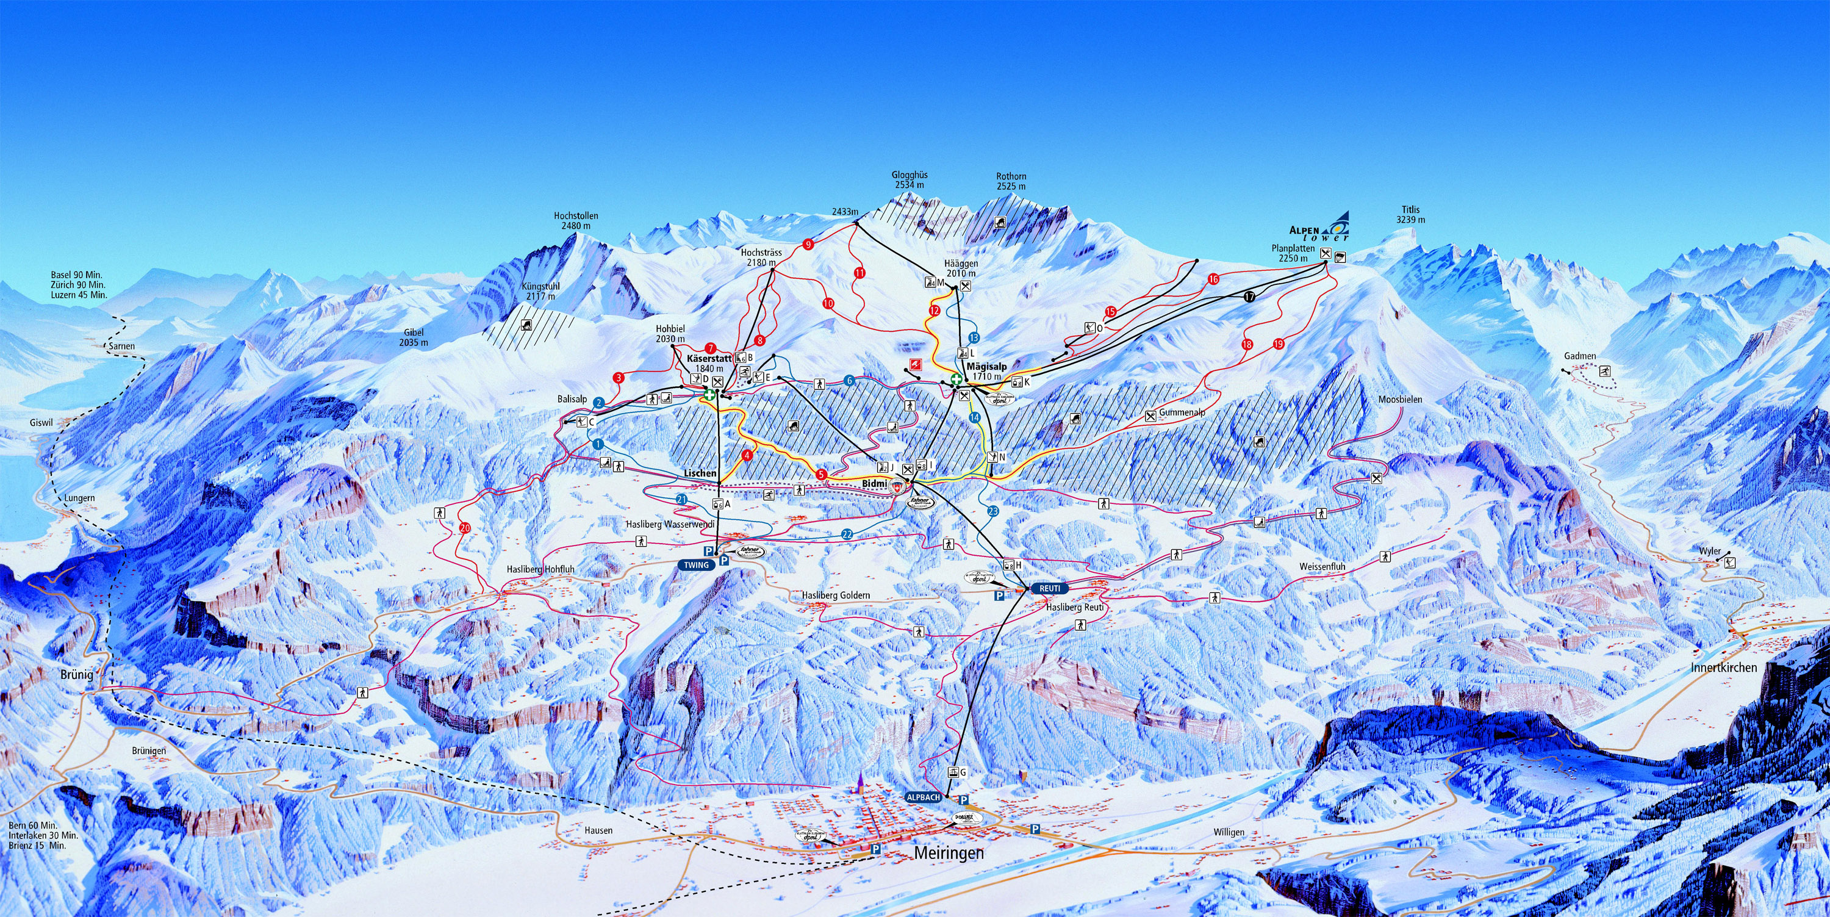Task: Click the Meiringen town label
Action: [x=949, y=853]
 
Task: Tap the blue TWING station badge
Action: [x=696, y=565]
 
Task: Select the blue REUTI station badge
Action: [x=1049, y=588]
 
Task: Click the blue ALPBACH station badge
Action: [x=924, y=797]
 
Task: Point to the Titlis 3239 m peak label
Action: [x=1410, y=215]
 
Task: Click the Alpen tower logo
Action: [x=1320, y=228]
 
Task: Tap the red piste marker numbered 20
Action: [x=465, y=527]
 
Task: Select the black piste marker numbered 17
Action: [x=1249, y=297]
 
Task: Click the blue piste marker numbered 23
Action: [x=992, y=511]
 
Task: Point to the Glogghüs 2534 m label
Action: [x=910, y=180]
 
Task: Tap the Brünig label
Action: [x=77, y=675]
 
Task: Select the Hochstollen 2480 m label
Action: [x=575, y=221]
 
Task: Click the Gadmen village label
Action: [x=1580, y=356]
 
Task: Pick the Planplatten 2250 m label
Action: [x=1293, y=254]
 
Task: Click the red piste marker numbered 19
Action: [x=1278, y=345]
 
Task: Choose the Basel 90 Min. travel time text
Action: [x=77, y=275]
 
